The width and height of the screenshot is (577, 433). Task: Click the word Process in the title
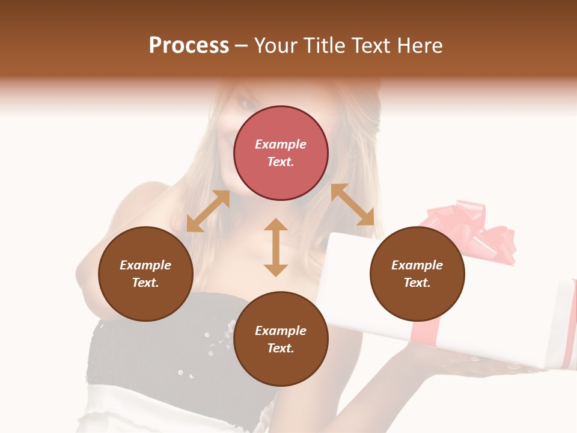pyautogui.click(x=189, y=46)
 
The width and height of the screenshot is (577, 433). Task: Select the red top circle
pyautogui.click(x=281, y=153)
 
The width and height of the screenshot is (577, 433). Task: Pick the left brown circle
pyautogui.click(x=145, y=274)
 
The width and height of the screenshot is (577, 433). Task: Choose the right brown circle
pyautogui.click(x=417, y=274)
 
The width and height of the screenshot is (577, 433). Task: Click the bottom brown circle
pyautogui.click(x=281, y=339)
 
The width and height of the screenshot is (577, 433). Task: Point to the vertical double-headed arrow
pyautogui.click(x=276, y=247)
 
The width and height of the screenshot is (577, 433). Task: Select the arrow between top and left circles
pyautogui.click(x=208, y=211)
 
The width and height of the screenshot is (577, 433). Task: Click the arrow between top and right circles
pyautogui.click(x=352, y=204)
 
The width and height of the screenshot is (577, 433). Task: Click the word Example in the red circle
pyautogui.click(x=281, y=144)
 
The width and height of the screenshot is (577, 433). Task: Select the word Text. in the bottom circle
pyautogui.click(x=281, y=348)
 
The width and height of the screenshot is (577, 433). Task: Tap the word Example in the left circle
pyautogui.click(x=145, y=265)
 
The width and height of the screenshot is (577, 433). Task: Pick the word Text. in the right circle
pyautogui.click(x=417, y=283)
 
